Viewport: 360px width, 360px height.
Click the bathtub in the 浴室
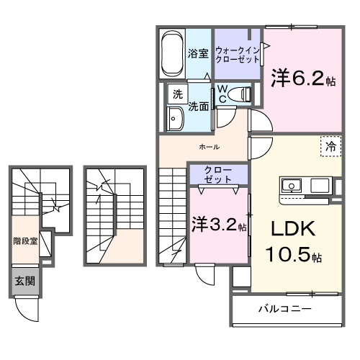pyautogui.click(x=172, y=53)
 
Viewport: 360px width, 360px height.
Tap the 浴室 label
pyautogui.click(x=198, y=53)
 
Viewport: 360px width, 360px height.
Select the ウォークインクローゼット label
pyautogui.click(x=238, y=55)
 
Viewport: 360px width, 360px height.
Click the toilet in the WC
pyautogui.click(x=239, y=94)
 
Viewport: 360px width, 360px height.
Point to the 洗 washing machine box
pyautogui.click(x=178, y=94)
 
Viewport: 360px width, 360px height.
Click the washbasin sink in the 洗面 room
pyautogui.click(x=176, y=119)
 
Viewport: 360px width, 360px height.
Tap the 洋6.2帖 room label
pyautogui.click(x=303, y=78)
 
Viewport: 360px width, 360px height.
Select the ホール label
pyautogui.click(x=210, y=147)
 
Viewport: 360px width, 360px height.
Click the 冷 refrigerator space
pyautogui.click(x=331, y=146)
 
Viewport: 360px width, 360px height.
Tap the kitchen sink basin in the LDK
pyautogui.click(x=292, y=186)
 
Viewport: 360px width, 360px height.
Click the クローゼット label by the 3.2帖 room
pyautogui.click(x=218, y=174)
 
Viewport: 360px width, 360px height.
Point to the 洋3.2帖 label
pyautogui.click(x=219, y=225)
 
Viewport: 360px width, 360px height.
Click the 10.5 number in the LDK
pyautogui.click(x=287, y=254)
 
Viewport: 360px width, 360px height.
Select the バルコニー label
pyautogui.click(x=285, y=308)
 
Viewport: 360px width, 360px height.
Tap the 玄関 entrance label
pyautogui.click(x=25, y=281)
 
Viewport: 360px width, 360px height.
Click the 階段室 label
pyautogui.click(x=25, y=241)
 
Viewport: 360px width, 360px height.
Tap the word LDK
pyautogui.click(x=293, y=229)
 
